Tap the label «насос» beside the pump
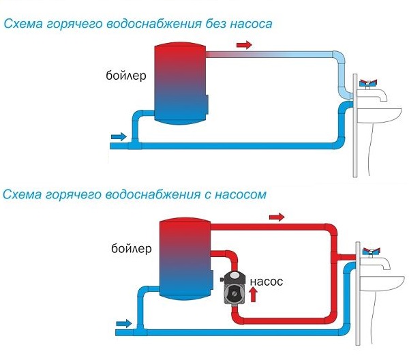[x=266, y=281]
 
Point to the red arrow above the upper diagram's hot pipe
[x=243, y=45]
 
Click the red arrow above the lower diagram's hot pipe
[x=276, y=217]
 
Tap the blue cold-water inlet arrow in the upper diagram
[x=118, y=137]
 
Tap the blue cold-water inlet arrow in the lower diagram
[x=125, y=322]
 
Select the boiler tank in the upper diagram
[x=179, y=82]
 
